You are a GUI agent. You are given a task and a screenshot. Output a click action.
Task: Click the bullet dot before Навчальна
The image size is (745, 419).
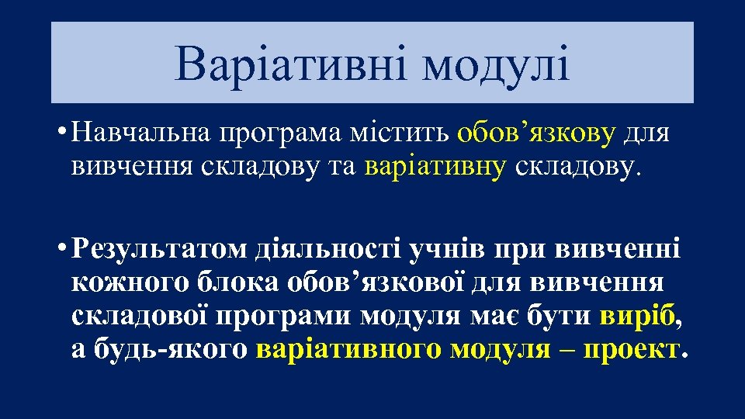[x=59, y=132]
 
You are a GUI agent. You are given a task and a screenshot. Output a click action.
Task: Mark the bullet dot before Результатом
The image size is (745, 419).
[x=59, y=249]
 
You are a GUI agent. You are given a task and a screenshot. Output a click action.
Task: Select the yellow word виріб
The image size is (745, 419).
[x=638, y=317]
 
